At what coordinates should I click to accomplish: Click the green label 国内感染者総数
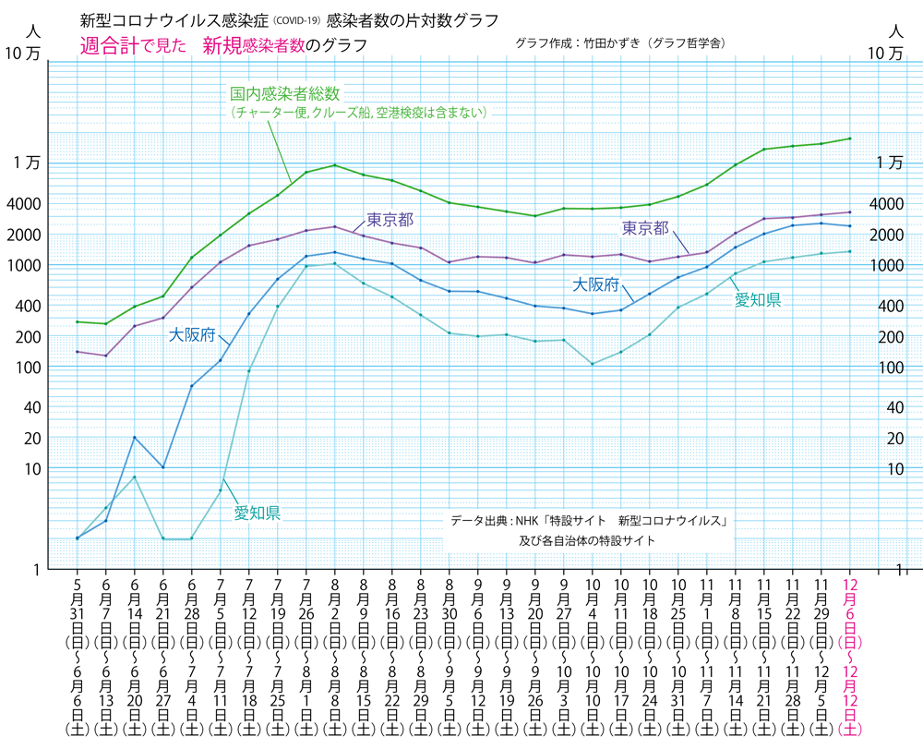(286, 94)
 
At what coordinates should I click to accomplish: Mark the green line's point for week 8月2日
(334, 165)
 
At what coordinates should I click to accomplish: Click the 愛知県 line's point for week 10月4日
(592, 364)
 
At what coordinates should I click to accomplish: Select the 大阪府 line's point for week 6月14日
(135, 438)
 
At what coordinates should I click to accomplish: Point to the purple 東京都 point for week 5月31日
(77, 352)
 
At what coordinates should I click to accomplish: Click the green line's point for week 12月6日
(850, 139)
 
